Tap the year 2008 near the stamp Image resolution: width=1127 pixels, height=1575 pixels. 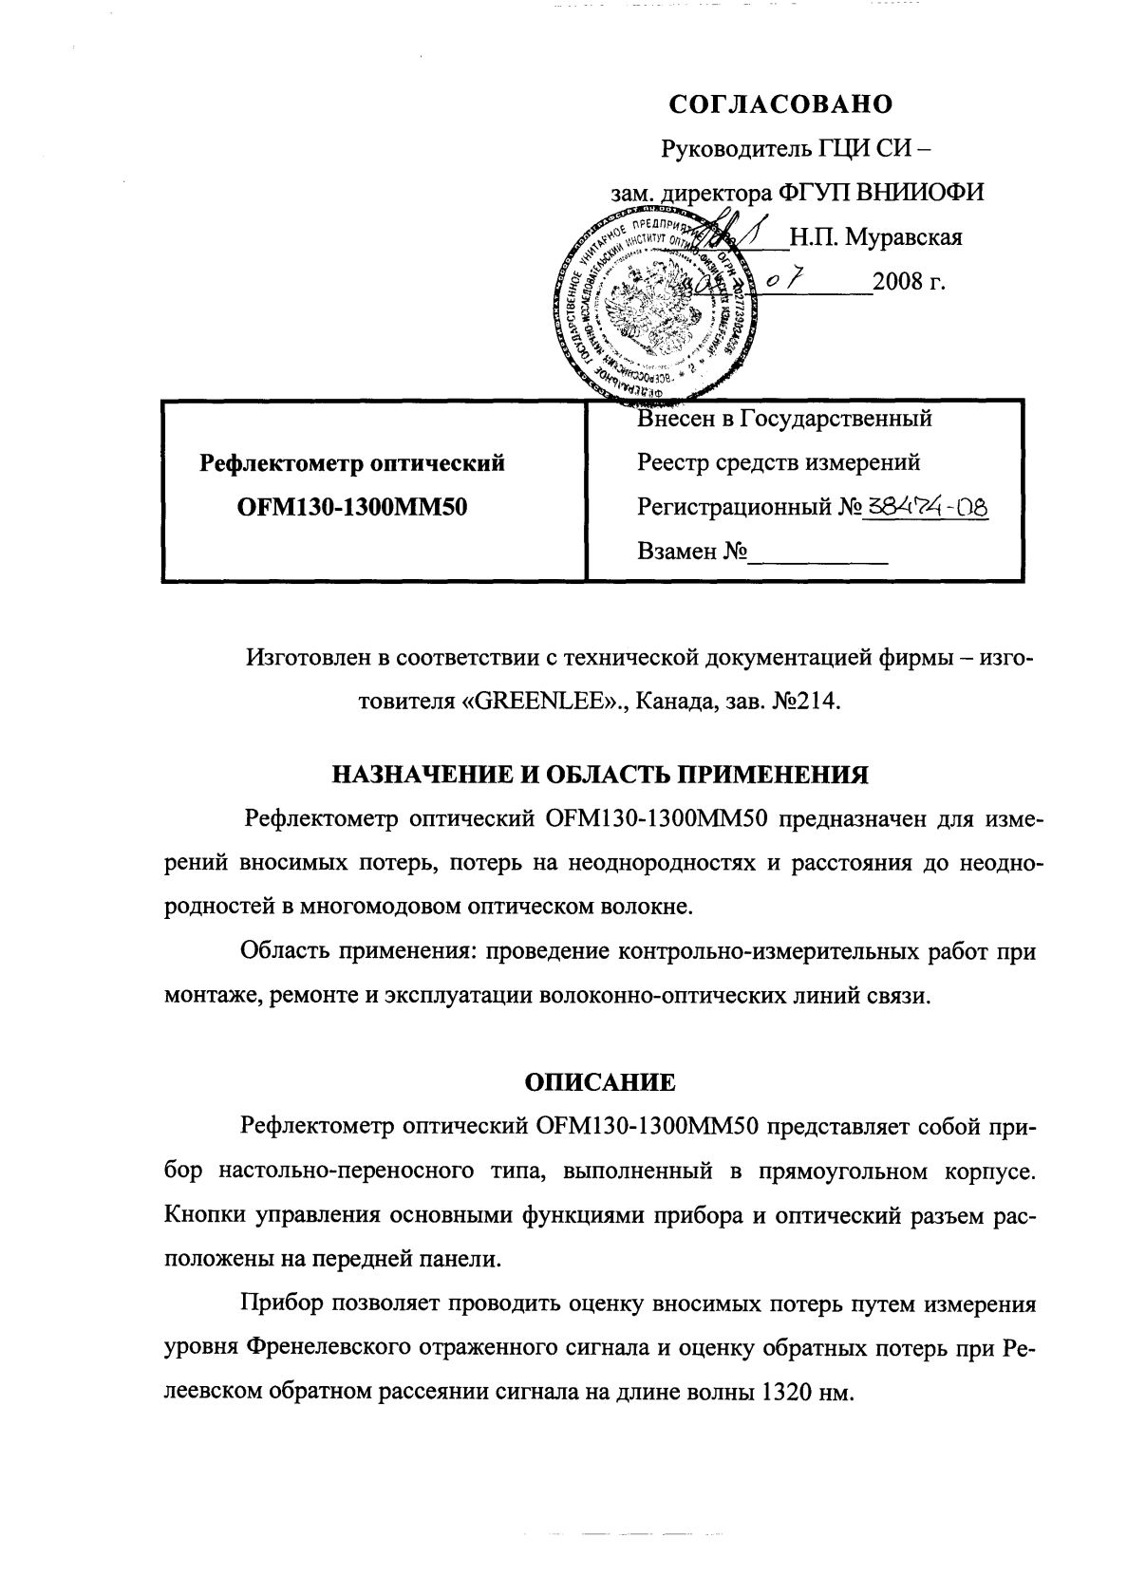pos(901,283)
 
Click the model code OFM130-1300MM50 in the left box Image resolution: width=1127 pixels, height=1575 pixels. pos(351,508)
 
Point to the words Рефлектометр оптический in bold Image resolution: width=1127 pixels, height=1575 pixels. pos(351,463)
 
